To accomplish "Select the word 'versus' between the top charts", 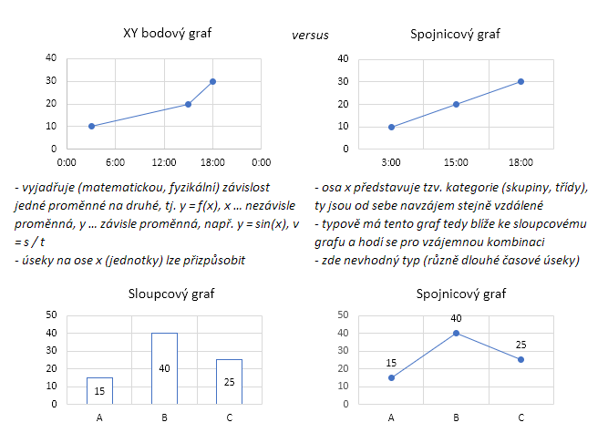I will [x=310, y=36].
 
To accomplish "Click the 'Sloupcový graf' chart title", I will [x=164, y=294].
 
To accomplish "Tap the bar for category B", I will [x=164, y=368].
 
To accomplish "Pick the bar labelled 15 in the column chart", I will [x=99, y=390].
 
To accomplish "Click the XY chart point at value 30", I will [x=212, y=81].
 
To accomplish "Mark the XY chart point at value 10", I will [x=91, y=126].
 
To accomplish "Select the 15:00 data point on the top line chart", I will [x=456, y=104].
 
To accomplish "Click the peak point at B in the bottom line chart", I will [x=456, y=333].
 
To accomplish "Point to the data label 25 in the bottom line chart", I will [x=520, y=345].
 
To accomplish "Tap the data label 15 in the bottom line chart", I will [x=391, y=363].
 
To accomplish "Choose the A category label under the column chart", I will [x=99, y=418].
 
